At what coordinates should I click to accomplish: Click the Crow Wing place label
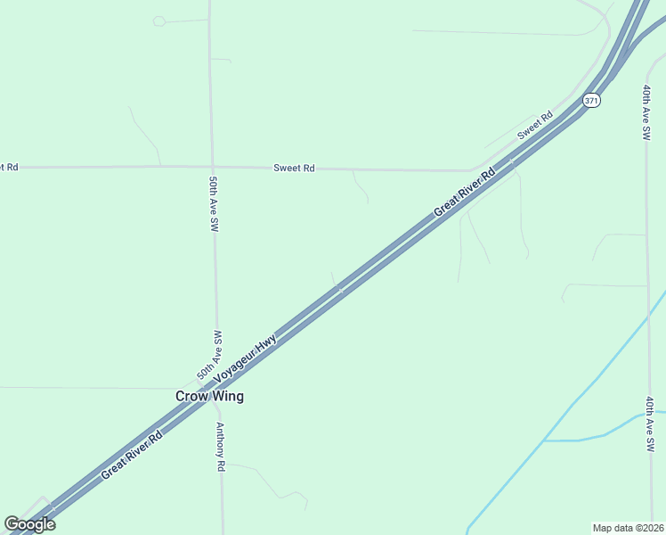coord(209,396)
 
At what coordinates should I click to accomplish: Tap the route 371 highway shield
coord(592,101)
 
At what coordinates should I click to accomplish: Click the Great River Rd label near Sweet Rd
coord(464,193)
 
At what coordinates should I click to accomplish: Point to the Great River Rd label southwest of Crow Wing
coord(131,456)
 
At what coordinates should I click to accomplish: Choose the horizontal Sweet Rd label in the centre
coord(294,168)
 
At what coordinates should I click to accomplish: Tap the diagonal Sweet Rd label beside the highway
coord(535,125)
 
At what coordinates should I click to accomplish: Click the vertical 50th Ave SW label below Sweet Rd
coord(214,204)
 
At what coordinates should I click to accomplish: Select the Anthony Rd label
coord(220,447)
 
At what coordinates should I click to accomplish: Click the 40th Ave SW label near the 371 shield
coord(646,112)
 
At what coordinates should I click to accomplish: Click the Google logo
coord(29,524)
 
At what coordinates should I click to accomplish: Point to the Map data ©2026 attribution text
coord(628,527)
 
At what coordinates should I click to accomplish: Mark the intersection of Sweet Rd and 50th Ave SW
coord(212,167)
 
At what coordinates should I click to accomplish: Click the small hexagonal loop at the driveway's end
coord(158,21)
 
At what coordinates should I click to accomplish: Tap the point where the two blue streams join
coord(544,440)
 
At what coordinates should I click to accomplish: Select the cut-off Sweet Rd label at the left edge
coord(9,167)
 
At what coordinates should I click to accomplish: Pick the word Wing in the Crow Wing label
coord(226,396)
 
